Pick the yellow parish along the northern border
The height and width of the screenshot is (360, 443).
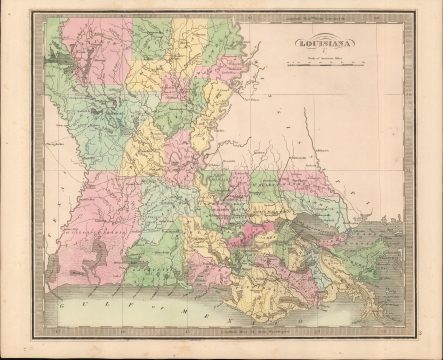point(190,45)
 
